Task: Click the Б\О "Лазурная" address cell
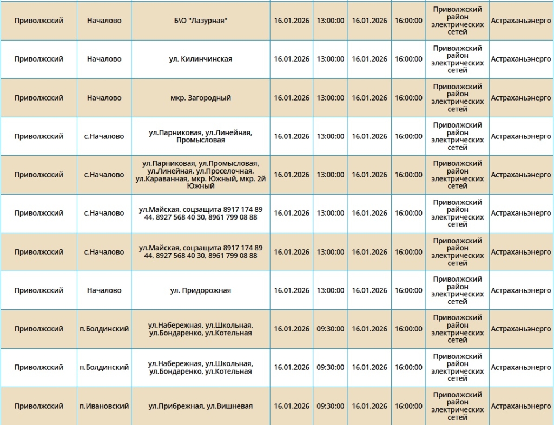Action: [200, 21]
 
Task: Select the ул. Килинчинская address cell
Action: [200, 59]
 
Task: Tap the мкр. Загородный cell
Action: [200, 98]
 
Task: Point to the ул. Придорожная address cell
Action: [200, 290]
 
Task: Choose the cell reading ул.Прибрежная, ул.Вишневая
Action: [200, 406]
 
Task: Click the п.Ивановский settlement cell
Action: [104, 406]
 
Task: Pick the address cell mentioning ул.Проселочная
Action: [200, 175]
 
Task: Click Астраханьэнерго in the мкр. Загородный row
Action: [520, 98]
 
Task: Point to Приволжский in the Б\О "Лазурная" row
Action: [38, 21]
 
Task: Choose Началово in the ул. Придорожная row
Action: [104, 290]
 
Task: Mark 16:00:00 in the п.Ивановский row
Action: [408, 406]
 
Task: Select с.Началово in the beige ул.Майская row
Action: [104, 252]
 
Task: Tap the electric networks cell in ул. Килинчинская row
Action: [457, 59]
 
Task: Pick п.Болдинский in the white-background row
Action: [104, 367]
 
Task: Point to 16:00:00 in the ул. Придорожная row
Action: [408, 290]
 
